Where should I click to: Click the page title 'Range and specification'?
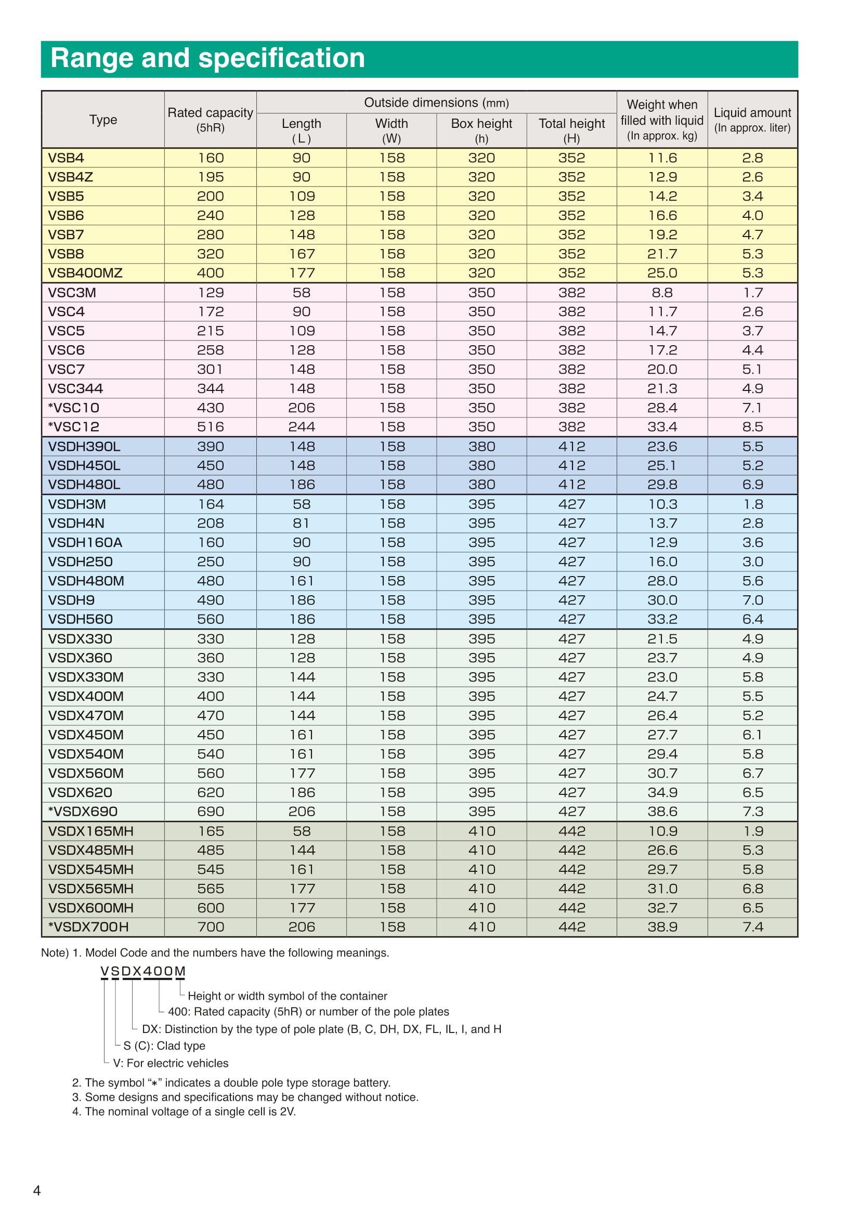[207, 58]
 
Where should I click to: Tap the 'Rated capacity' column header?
[210, 119]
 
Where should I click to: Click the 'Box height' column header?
[481, 130]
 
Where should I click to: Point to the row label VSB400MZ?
[85, 273]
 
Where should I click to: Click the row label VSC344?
[76, 389]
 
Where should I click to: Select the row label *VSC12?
[74, 427]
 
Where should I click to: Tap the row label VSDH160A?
[85, 543]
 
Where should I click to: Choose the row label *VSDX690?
[83, 812]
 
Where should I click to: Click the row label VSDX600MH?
[90, 908]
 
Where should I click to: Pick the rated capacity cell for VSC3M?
[210, 293]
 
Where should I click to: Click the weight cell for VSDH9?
[662, 600]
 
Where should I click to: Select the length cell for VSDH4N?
[302, 524]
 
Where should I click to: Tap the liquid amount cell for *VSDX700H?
[752, 927]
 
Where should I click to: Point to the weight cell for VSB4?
[662, 159]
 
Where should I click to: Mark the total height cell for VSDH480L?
[571, 485]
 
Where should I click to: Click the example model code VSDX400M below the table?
[143, 971]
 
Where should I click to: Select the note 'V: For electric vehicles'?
[171, 1064]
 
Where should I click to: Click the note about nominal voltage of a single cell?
[184, 1112]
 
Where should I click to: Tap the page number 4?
[36, 1191]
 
